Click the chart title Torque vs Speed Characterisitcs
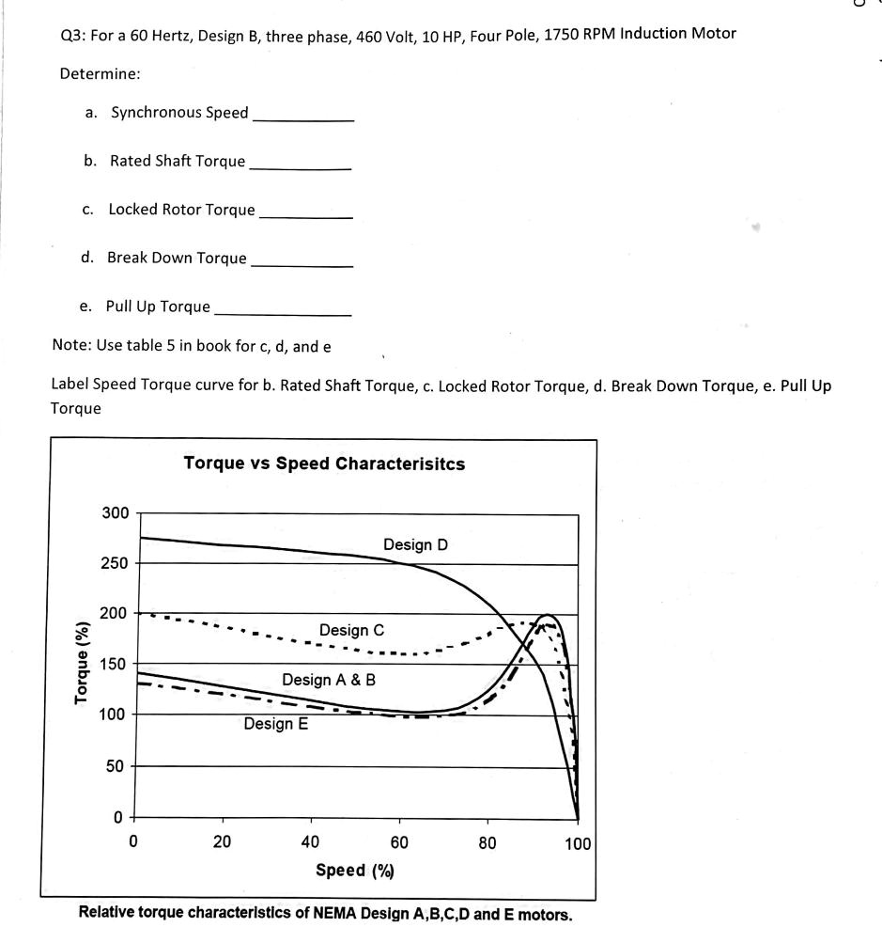pyautogui.click(x=324, y=463)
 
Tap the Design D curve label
pyautogui.click(x=415, y=544)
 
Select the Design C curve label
pyautogui.click(x=351, y=630)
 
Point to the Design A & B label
pyautogui.click(x=328, y=680)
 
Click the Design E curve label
pyautogui.click(x=275, y=724)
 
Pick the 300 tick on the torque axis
pyautogui.click(x=115, y=513)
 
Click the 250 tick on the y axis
pyautogui.click(x=115, y=564)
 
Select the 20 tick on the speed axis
pyautogui.click(x=222, y=842)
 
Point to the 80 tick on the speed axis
pyautogui.click(x=487, y=842)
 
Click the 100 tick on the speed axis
pyautogui.click(x=578, y=843)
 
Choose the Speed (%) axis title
pyautogui.click(x=354, y=871)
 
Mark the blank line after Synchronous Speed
pyautogui.click(x=303, y=118)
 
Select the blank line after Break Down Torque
pyautogui.click(x=302, y=264)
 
